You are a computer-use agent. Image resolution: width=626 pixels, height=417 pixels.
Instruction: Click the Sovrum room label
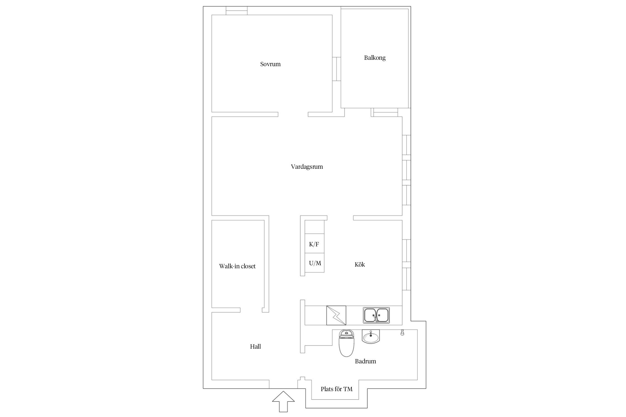pos(270,64)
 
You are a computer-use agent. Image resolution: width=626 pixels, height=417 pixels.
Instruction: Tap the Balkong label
pos(375,58)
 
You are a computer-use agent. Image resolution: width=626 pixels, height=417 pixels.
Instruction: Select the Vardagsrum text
pos(307,167)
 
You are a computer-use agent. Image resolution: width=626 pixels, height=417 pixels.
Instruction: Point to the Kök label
pos(360,264)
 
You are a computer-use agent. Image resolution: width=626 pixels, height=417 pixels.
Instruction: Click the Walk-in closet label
pos(237,266)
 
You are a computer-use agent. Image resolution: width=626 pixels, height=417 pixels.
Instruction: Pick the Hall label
pos(255,346)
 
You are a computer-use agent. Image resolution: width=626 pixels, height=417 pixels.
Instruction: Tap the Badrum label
pos(365,361)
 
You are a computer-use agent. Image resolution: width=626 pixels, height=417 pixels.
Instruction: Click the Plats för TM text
pos(336,389)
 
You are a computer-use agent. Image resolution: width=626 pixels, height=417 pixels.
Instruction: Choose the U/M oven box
pos(315,263)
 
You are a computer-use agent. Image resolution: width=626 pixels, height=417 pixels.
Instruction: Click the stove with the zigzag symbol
pos(336,315)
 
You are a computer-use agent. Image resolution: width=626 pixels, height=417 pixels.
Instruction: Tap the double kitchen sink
pos(376,315)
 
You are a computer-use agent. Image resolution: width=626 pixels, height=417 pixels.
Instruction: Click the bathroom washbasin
pos(371,336)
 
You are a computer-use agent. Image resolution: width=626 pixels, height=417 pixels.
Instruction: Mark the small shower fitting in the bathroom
pos(402,332)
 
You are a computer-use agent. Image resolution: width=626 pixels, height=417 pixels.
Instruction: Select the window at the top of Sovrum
pos(236,11)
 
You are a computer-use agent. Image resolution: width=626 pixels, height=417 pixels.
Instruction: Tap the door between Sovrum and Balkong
pos(337,69)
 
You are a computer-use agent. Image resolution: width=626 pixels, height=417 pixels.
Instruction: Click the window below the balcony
pos(386,112)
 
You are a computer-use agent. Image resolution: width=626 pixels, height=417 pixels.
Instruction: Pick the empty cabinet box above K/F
pos(315,227)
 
